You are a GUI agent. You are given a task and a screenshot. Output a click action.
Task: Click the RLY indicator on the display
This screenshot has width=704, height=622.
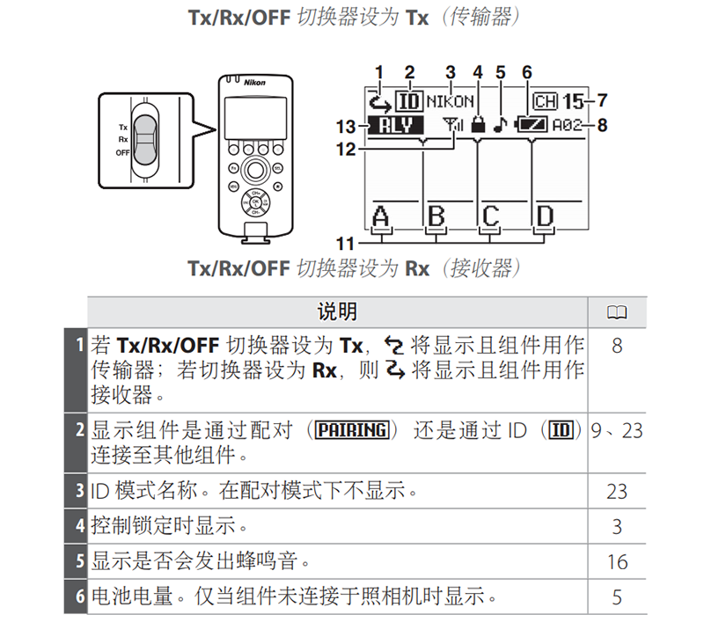tap(395, 126)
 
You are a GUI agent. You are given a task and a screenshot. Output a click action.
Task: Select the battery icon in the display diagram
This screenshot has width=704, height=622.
tap(532, 126)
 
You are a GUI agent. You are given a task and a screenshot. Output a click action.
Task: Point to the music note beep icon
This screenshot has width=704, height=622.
tap(500, 126)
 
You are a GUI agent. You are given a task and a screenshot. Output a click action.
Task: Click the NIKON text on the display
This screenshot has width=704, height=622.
tap(450, 102)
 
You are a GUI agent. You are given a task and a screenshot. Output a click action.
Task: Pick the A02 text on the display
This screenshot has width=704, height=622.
tap(568, 126)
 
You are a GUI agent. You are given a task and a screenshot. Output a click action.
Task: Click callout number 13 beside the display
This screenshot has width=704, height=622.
tap(347, 126)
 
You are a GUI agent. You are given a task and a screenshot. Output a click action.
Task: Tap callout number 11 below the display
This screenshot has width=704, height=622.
tap(348, 241)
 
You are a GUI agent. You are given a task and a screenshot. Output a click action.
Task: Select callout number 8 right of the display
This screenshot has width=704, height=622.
tap(602, 126)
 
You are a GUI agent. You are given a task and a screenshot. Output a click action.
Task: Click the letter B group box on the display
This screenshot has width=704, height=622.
tap(436, 215)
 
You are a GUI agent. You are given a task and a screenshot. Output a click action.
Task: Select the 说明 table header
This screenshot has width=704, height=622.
tap(337, 311)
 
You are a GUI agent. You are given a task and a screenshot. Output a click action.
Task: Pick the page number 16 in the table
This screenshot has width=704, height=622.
tap(617, 560)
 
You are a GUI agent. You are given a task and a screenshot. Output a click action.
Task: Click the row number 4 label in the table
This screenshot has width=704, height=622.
tap(79, 527)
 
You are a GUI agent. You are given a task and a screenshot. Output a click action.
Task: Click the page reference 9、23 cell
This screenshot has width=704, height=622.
tap(617, 431)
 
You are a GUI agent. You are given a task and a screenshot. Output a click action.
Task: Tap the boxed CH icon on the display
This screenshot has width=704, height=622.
tap(546, 102)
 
